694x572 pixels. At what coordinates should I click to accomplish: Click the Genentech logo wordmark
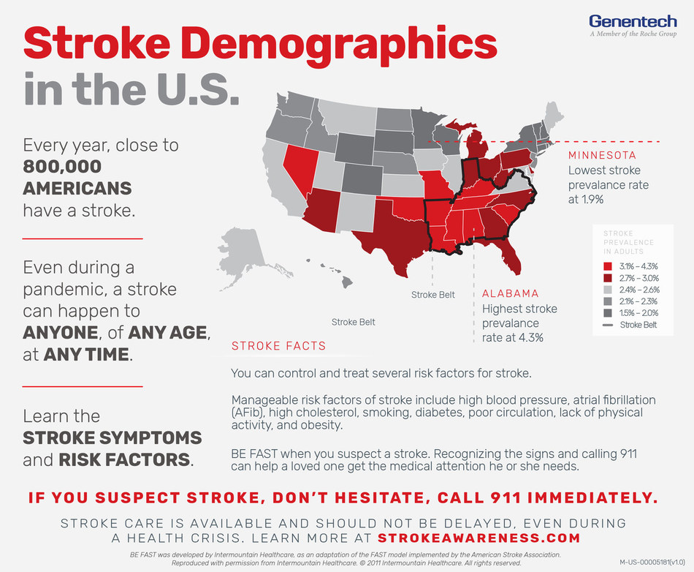(625, 22)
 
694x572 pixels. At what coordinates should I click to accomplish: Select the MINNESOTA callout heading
(602, 155)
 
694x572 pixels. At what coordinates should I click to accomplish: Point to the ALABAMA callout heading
(510, 293)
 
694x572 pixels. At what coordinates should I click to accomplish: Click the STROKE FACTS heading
(278, 346)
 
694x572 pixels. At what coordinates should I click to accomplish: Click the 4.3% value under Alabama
(531, 338)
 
